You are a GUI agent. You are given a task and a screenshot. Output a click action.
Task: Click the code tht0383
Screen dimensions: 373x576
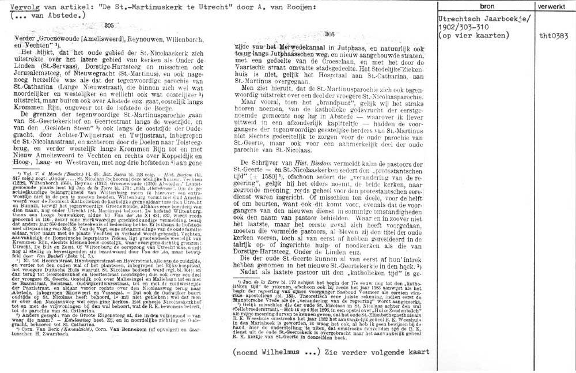551,35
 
